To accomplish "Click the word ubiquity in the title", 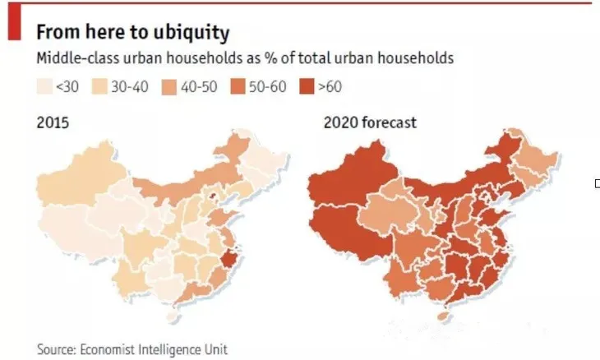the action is [192, 33].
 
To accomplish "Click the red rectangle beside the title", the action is [15, 21].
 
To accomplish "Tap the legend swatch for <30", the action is [44, 86].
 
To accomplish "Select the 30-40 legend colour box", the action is [99, 86].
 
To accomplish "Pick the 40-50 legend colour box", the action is [169, 86].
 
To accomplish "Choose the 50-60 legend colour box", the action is [238, 86].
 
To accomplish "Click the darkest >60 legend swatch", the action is [307, 86].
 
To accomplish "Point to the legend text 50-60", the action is [267, 87].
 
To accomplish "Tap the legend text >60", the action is [330, 87].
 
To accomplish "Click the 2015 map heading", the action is [53, 122].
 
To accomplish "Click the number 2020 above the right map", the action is [340, 122].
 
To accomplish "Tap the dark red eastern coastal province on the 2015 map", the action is [228, 258].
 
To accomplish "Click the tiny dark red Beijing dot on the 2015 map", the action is [213, 197].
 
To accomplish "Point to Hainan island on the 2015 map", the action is [173, 316].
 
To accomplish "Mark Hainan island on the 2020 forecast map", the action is [444, 316].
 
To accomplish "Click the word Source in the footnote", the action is [57, 349].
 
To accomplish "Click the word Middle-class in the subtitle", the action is [78, 58].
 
